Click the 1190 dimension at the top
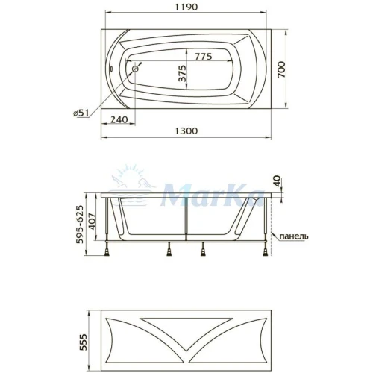[186, 7]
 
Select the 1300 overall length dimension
[186, 131]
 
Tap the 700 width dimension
[282, 69]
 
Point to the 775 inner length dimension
[203, 57]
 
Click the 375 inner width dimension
[182, 73]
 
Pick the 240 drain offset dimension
[119, 119]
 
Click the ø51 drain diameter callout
[81, 113]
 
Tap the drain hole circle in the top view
[136, 69]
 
